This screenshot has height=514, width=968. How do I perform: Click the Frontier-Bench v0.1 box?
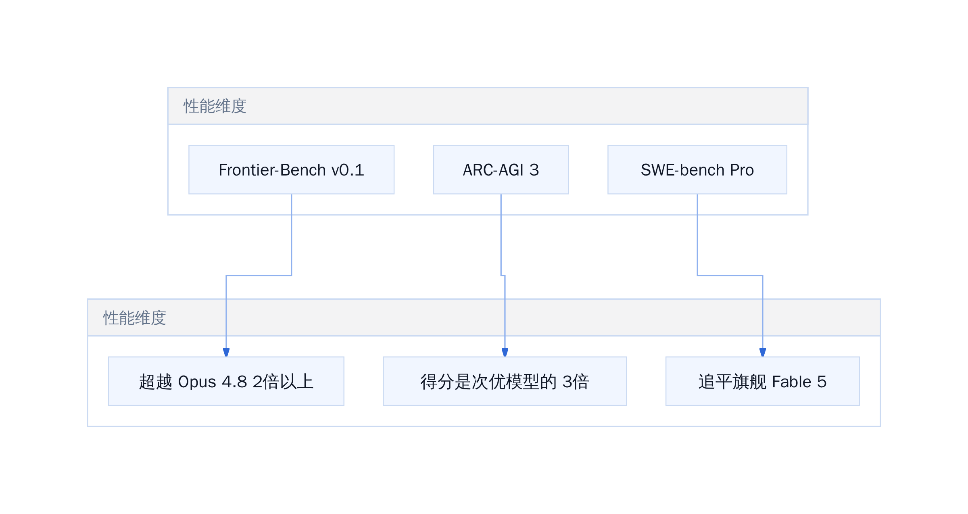291,169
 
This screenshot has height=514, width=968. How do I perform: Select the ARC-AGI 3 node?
501,169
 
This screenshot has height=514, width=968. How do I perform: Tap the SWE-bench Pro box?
697,169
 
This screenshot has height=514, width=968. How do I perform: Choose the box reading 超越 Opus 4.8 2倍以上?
226,381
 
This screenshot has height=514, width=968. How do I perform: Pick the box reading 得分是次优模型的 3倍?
505,381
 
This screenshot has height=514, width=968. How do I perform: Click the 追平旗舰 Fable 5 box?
763,381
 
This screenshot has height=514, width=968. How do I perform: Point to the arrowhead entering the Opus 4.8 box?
226,352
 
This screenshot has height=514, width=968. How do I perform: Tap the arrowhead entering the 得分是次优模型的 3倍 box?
505,352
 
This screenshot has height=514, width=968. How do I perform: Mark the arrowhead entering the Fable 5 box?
763,352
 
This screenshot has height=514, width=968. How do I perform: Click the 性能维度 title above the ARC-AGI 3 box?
215,106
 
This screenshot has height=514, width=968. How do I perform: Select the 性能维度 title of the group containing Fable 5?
134,318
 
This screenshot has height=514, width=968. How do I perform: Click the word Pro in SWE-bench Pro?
742,170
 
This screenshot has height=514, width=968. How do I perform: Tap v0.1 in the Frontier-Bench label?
348,170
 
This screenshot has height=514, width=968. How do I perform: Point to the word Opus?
197,382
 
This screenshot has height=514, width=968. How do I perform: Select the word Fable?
792,382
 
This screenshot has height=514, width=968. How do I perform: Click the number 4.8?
234,382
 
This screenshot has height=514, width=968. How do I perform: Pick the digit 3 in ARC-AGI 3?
534,170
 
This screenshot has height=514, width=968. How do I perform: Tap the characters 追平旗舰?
732,382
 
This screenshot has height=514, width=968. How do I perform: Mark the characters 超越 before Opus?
156,382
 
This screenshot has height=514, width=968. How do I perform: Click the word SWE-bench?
683,170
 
